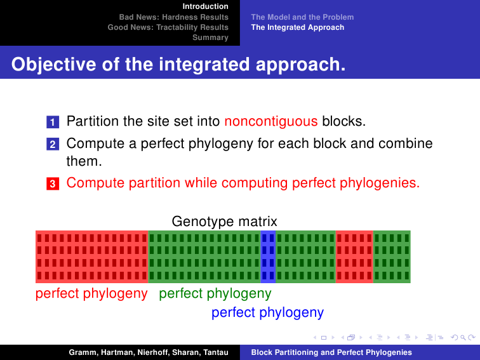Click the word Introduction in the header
pos(206,6)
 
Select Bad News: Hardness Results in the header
pos(174,17)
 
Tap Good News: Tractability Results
pos(168,27)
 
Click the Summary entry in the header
pos(210,37)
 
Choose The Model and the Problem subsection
pos(302,17)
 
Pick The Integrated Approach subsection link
pos(298,27)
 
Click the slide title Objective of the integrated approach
pos(178,64)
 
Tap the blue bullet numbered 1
pos(53,122)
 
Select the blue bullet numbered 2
pos(53,144)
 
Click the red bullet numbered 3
pos(53,183)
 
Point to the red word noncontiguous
pos(271,121)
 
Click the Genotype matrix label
pos(224,221)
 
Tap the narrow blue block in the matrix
pos(268,257)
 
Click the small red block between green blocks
pos(354,257)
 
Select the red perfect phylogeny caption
pos(91,293)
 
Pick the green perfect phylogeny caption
pos(215,293)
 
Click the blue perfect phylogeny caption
pos(267,312)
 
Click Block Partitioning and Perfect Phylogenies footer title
pos(331,352)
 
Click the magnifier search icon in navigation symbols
pos(463,338)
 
